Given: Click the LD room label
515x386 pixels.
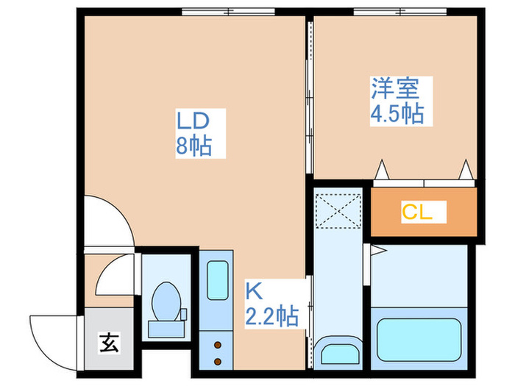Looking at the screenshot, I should pyautogui.click(x=193, y=120).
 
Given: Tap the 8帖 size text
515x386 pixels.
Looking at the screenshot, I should pyautogui.click(x=193, y=146).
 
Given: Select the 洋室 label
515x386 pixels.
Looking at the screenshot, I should pyautogui.click(x=394, y=89).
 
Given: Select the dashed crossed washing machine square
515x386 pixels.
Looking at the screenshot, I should pyautogui.click(x=338, y=212).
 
